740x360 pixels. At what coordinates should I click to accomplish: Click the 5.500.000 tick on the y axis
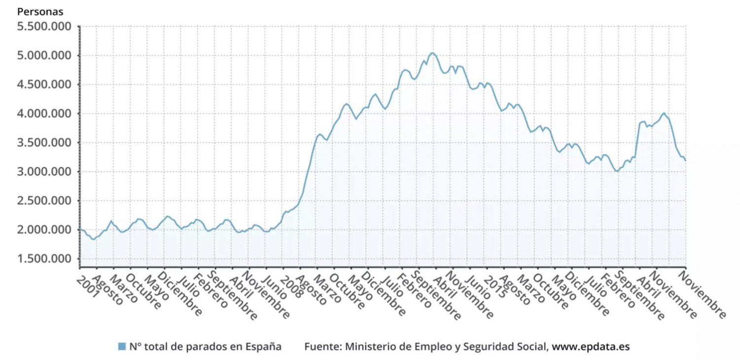[43, 26]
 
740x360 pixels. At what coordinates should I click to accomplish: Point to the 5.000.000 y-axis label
[43, 55]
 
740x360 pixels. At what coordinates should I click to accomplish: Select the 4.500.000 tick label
[43, 84]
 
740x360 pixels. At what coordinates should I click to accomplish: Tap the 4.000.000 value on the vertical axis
[43, 113]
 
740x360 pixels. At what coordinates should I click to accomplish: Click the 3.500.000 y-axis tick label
[43, 143]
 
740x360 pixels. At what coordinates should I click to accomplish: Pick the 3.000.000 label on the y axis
[43, 172]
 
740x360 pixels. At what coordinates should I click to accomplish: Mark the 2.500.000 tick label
[43, 201]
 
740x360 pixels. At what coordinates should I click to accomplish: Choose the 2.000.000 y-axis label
[43, 230]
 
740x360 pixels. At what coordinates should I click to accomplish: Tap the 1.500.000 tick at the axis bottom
[43, 259]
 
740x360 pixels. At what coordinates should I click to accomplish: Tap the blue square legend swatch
[122, 347]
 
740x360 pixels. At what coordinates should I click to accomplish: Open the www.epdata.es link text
[591, 347]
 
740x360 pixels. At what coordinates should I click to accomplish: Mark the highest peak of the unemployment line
[432, 53]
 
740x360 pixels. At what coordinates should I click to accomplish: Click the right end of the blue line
[685, 160]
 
